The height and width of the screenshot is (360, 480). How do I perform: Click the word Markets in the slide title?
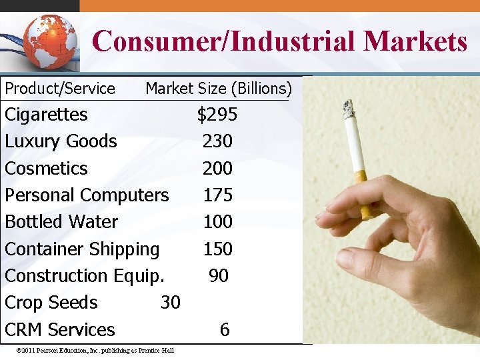[x=415, y=41]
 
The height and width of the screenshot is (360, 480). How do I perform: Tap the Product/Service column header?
[x=60, y=89]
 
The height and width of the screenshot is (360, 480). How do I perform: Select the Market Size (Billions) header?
[x=219, y=89]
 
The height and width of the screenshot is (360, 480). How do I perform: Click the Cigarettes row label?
[x=46, y=115]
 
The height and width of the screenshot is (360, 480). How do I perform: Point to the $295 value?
[x=217, y=115]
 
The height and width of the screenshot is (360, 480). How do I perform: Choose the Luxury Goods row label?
[x=61, y=141]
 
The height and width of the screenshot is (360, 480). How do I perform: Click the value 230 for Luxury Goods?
[x=217, y=141]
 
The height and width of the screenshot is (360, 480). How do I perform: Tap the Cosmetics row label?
[x=46, y=168]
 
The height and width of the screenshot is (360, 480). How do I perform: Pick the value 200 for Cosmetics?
[x=217, y=168]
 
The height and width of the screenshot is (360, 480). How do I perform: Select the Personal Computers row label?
[x=87, y=195]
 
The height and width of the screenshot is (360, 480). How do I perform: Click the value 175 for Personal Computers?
[x=217, y=195]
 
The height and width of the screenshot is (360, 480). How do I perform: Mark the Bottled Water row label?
[x=61, y=222]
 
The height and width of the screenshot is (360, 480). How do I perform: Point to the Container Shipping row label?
[x=82, y=249]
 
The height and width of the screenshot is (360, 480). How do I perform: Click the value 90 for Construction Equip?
[x=219, y=275]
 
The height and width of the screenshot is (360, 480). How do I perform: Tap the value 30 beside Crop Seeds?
[x=171, y=303]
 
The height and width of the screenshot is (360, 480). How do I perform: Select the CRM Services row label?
[x=60, y=329]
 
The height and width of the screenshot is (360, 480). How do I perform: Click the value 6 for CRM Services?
[x=225, y=329]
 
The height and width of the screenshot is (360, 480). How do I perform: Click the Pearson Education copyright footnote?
[x=97, y=351]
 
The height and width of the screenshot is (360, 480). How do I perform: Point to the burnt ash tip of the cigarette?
[x=348, y=107]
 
